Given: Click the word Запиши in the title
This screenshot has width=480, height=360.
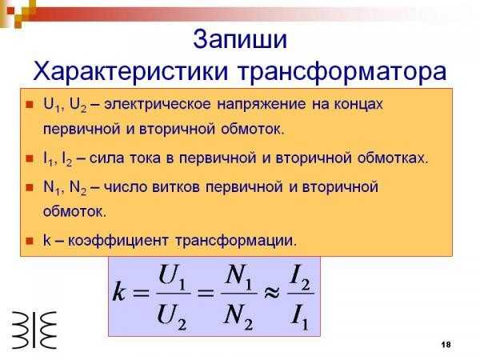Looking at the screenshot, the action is coord(240,40).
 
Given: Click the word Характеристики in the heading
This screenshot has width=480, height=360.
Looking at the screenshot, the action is coord(130,72).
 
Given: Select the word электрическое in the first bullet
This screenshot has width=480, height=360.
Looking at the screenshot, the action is coord(158,105).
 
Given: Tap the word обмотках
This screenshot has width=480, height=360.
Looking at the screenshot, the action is coord(393,158).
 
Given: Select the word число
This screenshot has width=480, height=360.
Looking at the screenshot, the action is coord(126,186).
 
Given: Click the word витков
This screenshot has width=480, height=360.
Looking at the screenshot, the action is coord(176,186).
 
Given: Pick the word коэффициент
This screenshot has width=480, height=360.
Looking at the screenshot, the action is coord(118,241).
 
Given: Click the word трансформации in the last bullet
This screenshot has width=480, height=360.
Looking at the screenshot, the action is coord(236,241).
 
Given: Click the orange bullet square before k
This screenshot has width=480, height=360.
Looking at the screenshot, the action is coord(30,241).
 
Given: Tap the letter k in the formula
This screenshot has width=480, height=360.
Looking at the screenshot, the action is coord(119,293).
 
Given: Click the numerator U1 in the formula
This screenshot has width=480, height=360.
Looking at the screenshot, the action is coord(172,278).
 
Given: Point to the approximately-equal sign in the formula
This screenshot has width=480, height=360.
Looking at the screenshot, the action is coord(271,293).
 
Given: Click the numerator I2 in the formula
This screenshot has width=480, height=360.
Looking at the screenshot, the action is coord(300,278).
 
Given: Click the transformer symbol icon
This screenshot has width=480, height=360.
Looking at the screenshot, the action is coord(34,330).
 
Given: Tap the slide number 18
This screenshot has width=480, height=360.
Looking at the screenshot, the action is coord(446,344).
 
